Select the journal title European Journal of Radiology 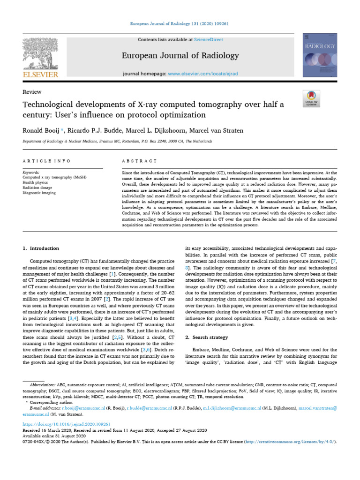(180, 56)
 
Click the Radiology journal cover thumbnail (320, 56)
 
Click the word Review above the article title (32, 92)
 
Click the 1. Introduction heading (41, 248)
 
